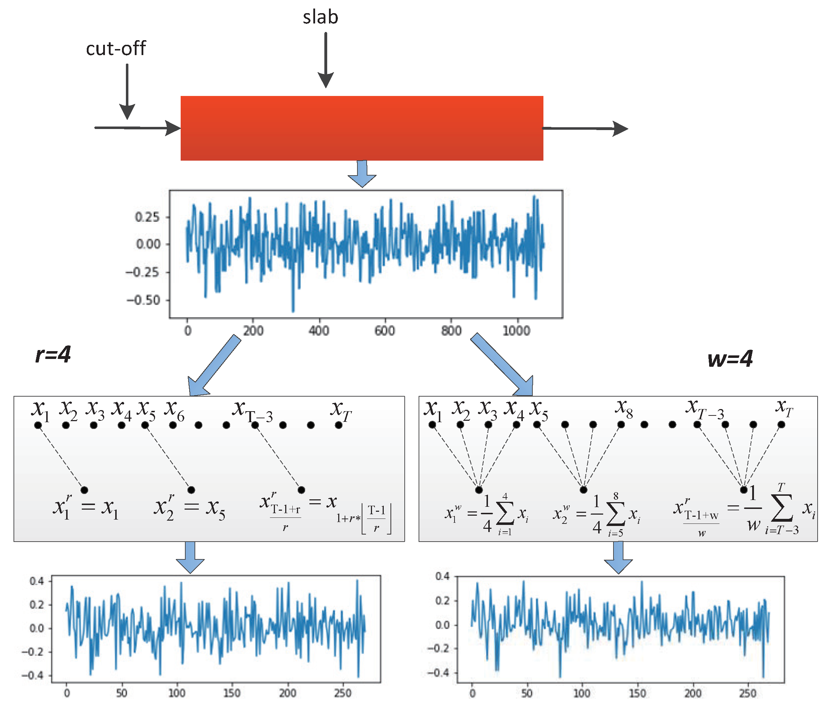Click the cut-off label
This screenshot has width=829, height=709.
tap(116, 49)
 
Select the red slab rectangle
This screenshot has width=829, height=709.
tap(362, 128)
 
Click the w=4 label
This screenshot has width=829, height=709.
tap(730, 359)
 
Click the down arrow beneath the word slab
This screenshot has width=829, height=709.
tap(326, 60)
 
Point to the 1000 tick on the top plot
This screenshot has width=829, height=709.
tap(516, 331)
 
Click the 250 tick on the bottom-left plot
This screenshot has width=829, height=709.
tap(342, 693)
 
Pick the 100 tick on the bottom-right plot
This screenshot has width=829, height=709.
tap(582, 693)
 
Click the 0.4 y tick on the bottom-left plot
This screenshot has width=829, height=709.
tap(37, 581)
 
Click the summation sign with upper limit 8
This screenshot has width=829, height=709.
tap(616, 515)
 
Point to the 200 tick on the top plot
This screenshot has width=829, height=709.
tap(253, 331)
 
